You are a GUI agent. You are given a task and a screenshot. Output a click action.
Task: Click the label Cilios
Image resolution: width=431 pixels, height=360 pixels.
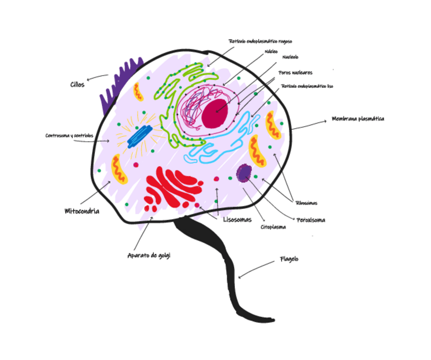click(77, 84)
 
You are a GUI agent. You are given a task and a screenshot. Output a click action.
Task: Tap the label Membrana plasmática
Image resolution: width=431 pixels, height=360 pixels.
click(358, 119)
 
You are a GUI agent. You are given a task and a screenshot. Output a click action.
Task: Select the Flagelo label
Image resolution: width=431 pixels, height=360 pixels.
click(289, 259)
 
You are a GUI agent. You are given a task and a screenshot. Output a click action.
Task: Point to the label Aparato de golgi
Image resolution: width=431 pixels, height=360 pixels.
click(148, 255)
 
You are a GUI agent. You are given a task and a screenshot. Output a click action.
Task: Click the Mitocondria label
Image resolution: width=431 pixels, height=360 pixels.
click(81, 211)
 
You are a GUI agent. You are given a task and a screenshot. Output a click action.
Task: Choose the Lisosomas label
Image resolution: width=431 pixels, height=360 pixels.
click(237, 220)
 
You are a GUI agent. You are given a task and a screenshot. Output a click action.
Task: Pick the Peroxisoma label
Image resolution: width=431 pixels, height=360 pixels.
click(311, 220)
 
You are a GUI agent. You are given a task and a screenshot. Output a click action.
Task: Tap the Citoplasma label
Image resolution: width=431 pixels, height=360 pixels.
click(273, 227)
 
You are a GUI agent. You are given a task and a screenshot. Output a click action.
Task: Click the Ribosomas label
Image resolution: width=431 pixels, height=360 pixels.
click(306, 203)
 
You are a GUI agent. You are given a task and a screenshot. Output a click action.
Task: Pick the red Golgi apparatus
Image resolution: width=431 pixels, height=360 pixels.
click(170, 187)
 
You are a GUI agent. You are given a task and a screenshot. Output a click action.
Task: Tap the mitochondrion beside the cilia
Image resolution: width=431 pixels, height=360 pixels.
click(138, 92)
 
